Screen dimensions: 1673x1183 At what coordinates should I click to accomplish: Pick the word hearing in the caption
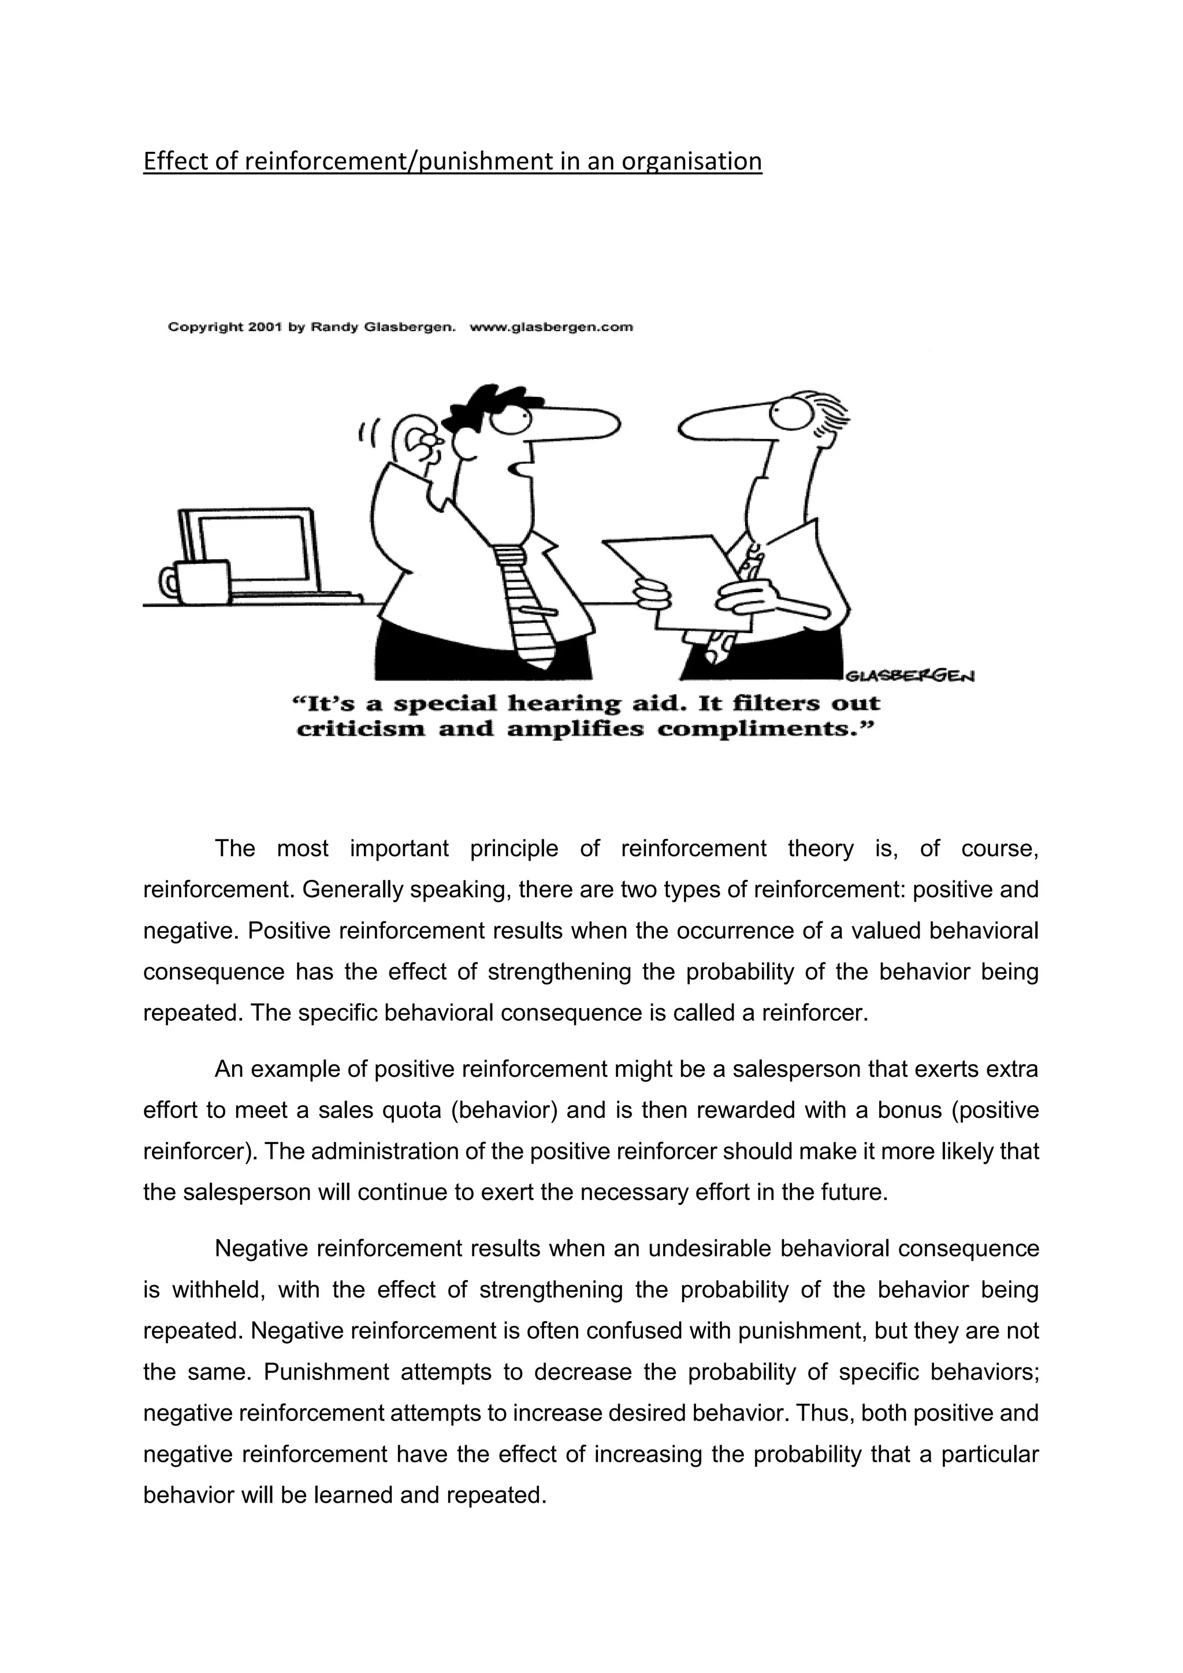pyautogui.click(x=560, y=704)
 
